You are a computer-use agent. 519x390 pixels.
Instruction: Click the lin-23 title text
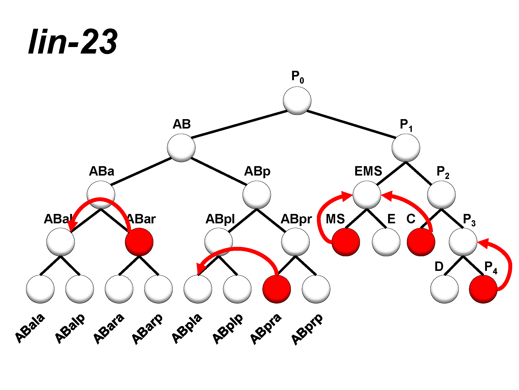tap(73, 42)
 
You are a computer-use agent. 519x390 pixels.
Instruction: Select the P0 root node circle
tap(297, 101)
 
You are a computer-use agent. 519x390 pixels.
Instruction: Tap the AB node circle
tap(181, 148)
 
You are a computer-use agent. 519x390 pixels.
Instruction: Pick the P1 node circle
tap(406, 148)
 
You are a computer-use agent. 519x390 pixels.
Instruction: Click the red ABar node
tap(139, 242)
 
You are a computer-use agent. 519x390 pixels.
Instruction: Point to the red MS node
tap(346, 242)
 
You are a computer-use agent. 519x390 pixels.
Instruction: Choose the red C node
tap(421, 242)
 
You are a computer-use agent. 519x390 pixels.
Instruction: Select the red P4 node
tap(483, 289)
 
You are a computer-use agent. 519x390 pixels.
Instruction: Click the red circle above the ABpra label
tap(276, 289)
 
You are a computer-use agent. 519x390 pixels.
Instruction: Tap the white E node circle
tap(386, 242)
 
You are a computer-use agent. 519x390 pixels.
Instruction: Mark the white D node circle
tap(444, 289)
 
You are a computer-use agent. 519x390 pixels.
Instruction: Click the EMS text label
tap(368, 171)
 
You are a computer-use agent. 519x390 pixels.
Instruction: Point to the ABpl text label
tap(220, 219)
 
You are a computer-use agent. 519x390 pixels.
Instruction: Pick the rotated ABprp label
tap(307, 329)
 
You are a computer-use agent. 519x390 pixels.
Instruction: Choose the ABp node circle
tap(257, 195)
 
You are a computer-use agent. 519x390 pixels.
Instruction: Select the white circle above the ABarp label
tap(158, 289)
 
